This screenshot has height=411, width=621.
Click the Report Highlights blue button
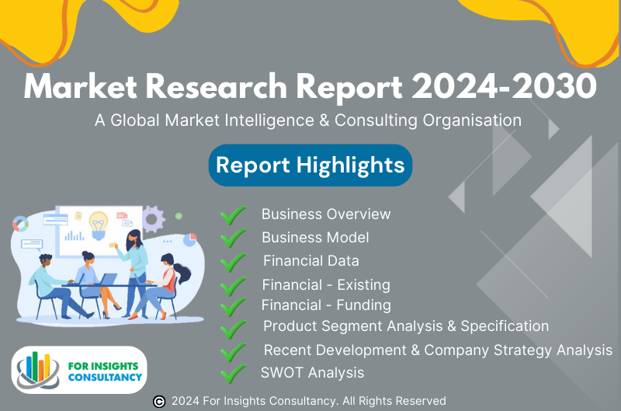point(310,165)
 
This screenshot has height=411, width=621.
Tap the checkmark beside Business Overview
point(233,215)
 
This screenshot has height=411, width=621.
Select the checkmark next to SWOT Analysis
point(233,374)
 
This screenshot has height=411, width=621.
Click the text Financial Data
point(311,261)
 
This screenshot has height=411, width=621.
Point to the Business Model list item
point(315,238)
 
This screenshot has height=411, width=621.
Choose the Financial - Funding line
point(326,305)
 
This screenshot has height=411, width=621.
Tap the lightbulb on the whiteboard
point(99,225)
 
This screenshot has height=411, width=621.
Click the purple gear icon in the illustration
point(153,219)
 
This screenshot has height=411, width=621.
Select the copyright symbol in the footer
point(159,402)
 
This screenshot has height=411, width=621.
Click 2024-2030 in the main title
point(504,86)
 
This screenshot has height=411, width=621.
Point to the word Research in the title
point(217,86)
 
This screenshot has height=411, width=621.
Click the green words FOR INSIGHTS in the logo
point(103,366)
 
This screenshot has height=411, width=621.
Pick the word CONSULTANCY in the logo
point(105,377)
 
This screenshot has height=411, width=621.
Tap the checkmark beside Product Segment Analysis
point(233,328)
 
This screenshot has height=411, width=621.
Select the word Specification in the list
point(505,326)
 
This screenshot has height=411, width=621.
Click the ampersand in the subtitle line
point(324,120)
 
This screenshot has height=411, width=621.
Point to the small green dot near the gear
point(179,216)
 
